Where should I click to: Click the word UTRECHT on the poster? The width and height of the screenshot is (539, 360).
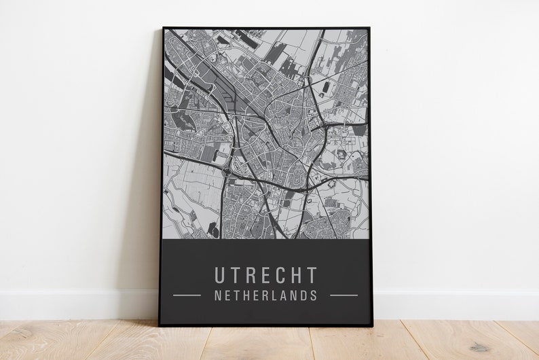point(266,275)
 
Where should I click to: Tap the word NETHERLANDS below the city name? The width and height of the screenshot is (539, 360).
point(266,295)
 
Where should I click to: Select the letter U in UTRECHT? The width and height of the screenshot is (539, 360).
point(221,275)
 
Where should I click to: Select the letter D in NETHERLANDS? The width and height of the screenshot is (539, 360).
point(303,295)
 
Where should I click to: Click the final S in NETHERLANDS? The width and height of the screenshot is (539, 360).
point(314,295)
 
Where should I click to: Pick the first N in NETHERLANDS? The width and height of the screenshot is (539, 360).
point(218,295)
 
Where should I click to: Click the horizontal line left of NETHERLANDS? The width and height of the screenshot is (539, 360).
point(187,295)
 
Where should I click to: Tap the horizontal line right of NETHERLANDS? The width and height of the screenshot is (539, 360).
point(343,295)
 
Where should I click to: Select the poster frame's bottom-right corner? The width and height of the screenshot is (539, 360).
point(371,325)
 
